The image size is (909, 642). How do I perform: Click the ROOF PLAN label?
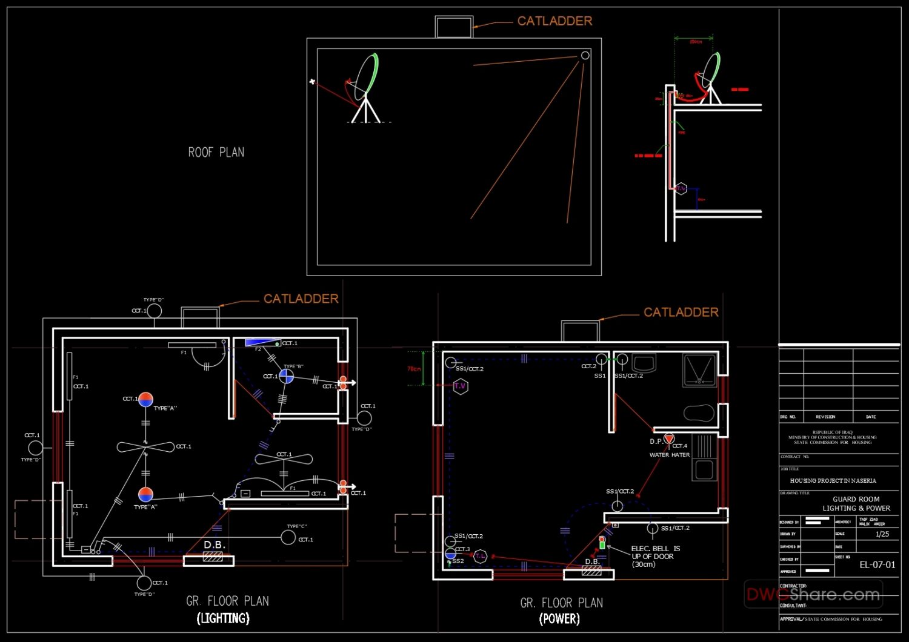pyautogui.click(x=216, y=153)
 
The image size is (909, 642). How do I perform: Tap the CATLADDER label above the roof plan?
pyautogui.click(x=554, y=21)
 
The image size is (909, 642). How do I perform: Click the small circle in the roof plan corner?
pyautogui.click(x=585, y=56)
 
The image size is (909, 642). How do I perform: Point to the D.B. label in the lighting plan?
pyautogui.click(x=214, y=545)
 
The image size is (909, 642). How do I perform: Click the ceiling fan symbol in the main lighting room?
pyautogui.click(x=145, y=447)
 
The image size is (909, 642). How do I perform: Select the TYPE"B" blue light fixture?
pyautogui.click(x=286, y=377)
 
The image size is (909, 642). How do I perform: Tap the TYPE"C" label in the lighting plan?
pyautogui.click(x=297, y=526)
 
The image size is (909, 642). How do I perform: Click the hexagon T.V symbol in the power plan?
pyautogui.click(x=461, y=386)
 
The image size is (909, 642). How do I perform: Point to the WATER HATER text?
pyautogui.click(x=670, y=455)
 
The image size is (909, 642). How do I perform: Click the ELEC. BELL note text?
pyautogui.click(x=655, y=556)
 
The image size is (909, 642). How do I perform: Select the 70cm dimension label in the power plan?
pyautogui.click(x=414, y=369)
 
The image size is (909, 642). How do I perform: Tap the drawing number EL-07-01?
pyautogui.click(x=877, y=564)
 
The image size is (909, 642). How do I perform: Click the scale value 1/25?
pyautogui.click(x=882, y=534)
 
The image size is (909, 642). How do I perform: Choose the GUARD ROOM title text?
pyautogui.click(x=856, y=499)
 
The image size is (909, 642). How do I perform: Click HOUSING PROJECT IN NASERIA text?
pyautogui.click(x=833, y=480)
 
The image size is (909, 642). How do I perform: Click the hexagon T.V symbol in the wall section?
pyautogui.click(x=681, y=189)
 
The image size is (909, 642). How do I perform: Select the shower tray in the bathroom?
pyautogui.click(x=699, y=369)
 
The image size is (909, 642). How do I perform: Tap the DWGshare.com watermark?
pyautogui.click(x=813, y=595)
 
